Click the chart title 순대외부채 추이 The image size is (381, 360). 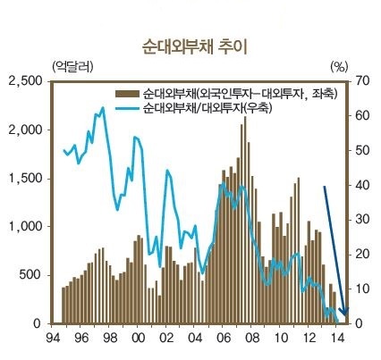pos(194,47)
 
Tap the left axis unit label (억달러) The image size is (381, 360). pos(72,67)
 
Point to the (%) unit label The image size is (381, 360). pos(339,67)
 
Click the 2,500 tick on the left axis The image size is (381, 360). pos(25,81)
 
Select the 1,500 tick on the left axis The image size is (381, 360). pos(25,178)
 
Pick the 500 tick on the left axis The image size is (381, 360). pos(31,275)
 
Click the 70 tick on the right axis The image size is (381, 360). pos(363,81)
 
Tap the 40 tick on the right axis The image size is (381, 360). pos(363,185)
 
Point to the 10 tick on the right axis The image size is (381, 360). pos(363,289)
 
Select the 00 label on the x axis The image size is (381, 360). pos(138,338)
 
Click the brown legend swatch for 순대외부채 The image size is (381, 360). pos(127,94)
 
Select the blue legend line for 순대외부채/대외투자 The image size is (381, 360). pos(127,108)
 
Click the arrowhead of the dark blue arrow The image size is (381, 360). pos(345,312)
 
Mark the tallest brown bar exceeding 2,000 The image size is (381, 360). pos(245,220)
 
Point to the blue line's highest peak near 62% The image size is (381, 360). pos(103,108)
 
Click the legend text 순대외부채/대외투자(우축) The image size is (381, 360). pos(207,108)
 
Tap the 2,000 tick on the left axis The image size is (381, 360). pos(25,130)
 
